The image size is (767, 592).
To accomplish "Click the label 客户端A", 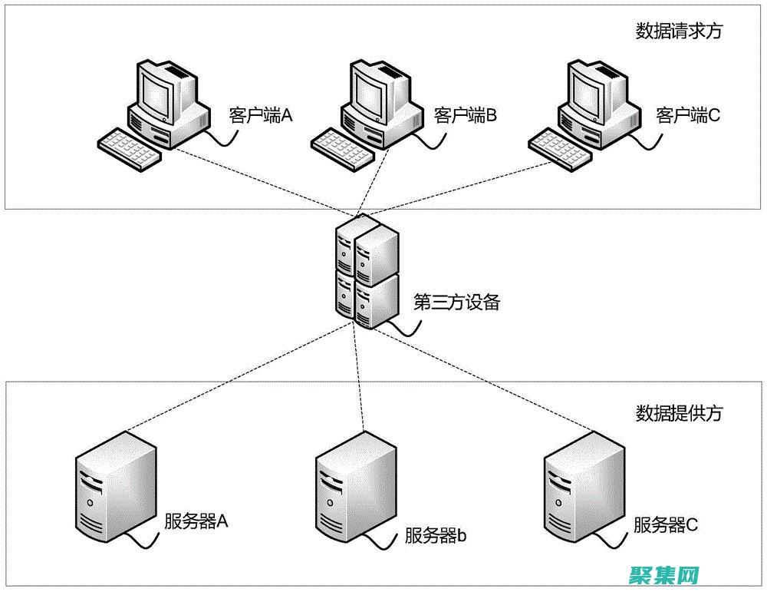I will pyautogui.click(x=262, y=115).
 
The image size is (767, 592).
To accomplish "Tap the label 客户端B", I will pyautogui.click(x=466, y=115).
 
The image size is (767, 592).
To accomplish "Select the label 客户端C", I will pyautogui.click(x=688, y=115).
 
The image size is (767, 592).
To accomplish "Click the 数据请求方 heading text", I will pyautogui.click(x=679, y=31).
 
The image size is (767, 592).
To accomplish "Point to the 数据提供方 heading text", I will pyautogui.click(x=679, y=413).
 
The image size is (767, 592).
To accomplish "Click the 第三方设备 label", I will pyautogui.click(x=456, y=302).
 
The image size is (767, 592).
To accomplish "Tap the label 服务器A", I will pyautogui.click(x=197, y=521).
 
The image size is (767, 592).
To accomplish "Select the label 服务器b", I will pyautogui.click(x=436, y=535).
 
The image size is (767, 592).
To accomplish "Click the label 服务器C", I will pyautogui.click(x=666, y=525).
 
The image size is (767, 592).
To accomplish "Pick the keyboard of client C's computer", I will pyautogui.click(x=562, y=147).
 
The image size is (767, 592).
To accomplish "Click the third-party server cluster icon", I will pyautogui.click(x=367, y=273).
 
